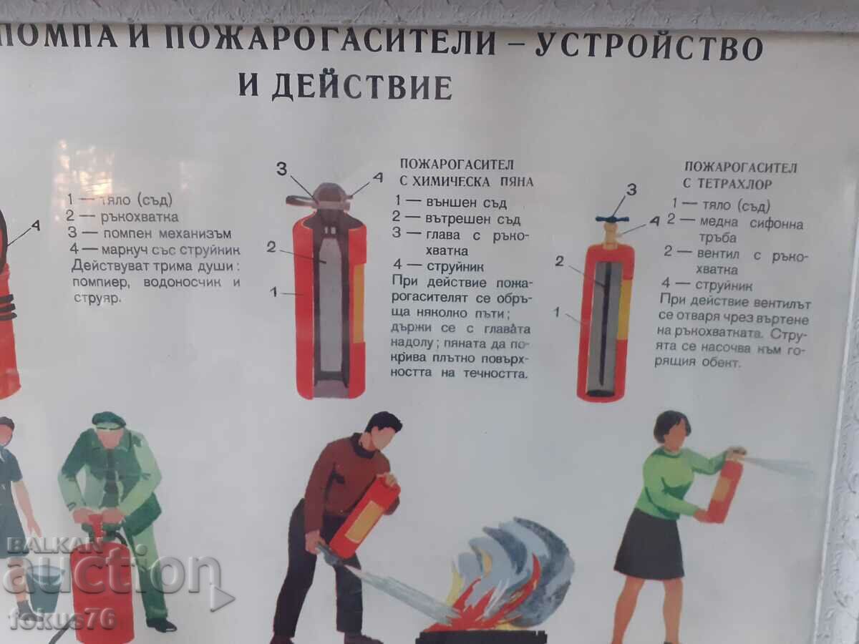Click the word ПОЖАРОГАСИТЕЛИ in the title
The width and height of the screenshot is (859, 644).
click(330, 42)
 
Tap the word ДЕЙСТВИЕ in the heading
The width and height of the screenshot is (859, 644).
click(362, 87)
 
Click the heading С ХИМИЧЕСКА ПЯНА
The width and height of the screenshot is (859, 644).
click(466, 182)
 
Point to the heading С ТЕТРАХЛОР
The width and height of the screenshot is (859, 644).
click(727, 184)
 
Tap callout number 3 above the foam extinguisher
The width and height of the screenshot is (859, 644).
click(282, 169)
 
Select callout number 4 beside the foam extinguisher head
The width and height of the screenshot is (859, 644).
click(378, 177)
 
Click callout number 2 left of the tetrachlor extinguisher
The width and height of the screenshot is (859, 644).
click(560, 260)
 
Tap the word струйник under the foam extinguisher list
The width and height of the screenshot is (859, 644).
click(455, 267)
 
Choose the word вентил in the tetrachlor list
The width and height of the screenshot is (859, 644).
click(718, 254)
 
